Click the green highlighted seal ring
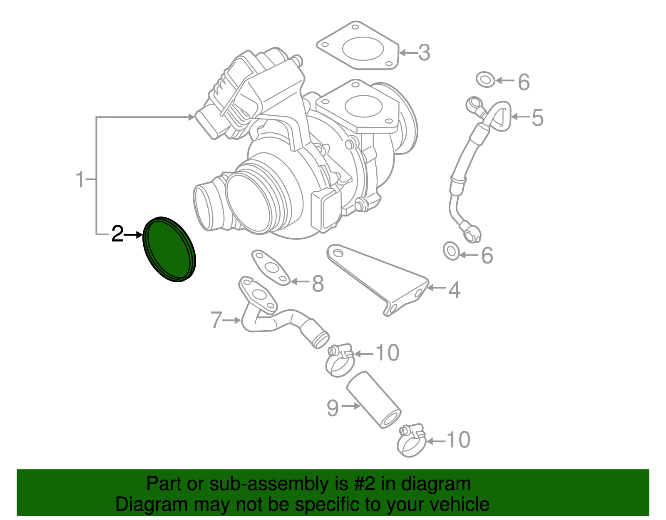click(x=169, y=249)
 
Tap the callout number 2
click(x=117, y=234)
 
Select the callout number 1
click(x=80, y=179)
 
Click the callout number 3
click(x=424, y=53)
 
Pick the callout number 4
click(x=454, y=290)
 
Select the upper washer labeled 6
click(x=485, y=79)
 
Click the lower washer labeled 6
click(x=452, y=251)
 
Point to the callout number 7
click(x=217, y=320)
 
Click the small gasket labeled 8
click(x=271, y=267)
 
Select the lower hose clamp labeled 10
click(x=412, y=441)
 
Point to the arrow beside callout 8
click(x=299, y=282)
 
